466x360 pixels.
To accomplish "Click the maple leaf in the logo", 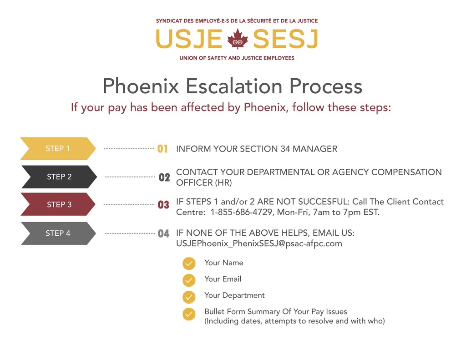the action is (x=238, y=39).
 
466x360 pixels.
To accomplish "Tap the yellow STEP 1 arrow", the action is (x=58, y=149).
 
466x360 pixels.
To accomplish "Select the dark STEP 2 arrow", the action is (x=59, y=177).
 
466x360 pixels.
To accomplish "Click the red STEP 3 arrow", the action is (x=58, y=204).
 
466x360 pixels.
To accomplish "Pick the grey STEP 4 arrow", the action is (x=59, y=233).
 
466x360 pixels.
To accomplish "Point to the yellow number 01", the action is (x=162, y=149).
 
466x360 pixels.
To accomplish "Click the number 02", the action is (x=164, y=177).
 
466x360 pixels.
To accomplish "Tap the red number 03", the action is (x=163, y=205).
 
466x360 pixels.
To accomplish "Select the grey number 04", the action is (x=163, y=233).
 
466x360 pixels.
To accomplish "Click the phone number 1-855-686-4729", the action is (x=241, y=212).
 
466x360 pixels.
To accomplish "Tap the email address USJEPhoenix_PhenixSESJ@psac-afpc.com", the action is (x=259, y=243).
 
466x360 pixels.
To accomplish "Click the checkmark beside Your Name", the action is (x=189, y=264).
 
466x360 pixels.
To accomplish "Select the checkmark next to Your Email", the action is (x=189, y=280).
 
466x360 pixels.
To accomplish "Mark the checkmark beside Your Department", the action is (x=189, y=297).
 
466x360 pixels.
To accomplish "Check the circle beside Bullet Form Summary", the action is (x=189, y=314).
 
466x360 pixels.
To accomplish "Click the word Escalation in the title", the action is (x=234, y=86).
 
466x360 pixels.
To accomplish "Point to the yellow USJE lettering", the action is (x=189, y=39).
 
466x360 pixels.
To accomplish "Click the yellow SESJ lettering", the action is (x=285, y=39).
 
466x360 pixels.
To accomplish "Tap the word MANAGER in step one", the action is (x=315, y=149).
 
